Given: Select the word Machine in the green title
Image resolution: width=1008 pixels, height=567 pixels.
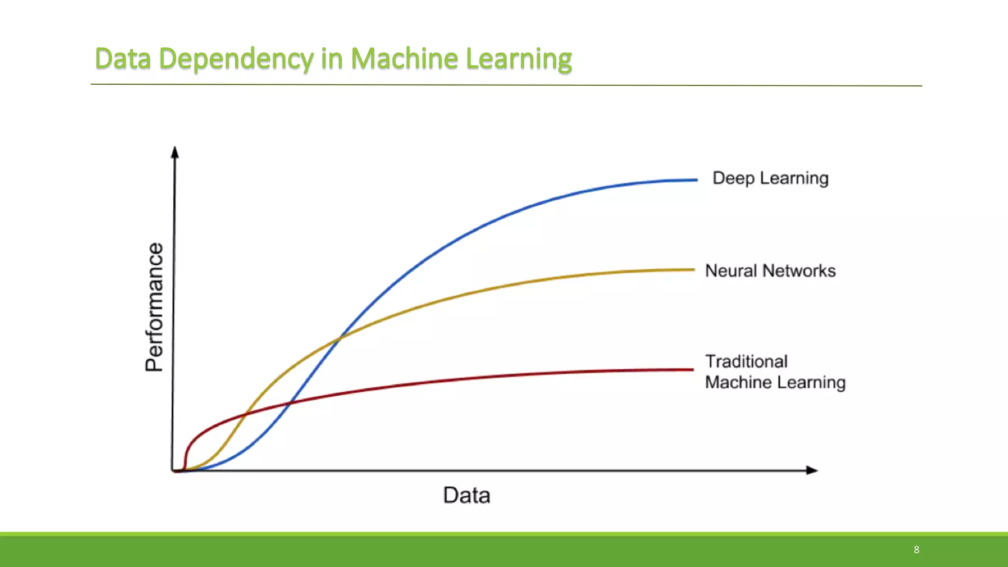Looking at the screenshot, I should [x=404, y=59].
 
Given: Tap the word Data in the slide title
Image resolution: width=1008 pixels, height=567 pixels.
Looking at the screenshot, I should [x=123, y=59].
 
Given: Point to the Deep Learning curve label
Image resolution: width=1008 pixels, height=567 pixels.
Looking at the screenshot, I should [x=770, y=178].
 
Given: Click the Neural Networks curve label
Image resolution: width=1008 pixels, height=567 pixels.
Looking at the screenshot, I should [x=770, y=271].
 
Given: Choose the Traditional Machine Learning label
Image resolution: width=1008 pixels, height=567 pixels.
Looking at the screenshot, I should [x=775, y=372].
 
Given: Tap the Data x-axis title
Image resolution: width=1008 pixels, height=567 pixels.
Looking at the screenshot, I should [x=467, y=495].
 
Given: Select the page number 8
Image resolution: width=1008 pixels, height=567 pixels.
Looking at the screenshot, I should [x=916, y=550].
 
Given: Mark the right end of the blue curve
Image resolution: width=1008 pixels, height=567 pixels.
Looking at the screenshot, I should [x=696, y=180].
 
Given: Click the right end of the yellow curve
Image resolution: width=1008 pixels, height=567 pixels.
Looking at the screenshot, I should [x=693, y=270].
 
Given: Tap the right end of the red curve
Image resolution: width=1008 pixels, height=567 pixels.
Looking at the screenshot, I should [x=692, y=370].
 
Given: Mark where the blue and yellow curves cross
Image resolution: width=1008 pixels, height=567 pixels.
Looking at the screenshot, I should [x=340, y=338].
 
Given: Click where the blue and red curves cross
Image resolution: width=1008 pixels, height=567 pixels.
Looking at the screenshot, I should [x=289, y=404].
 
